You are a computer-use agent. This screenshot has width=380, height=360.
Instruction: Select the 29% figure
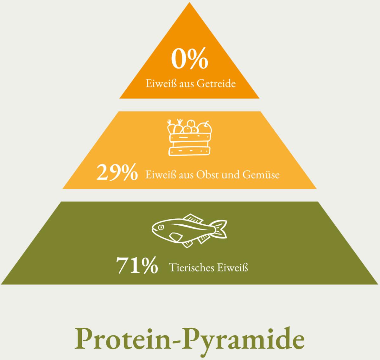[x=117, y=172]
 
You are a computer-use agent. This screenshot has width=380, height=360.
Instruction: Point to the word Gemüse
[x=261, y=175]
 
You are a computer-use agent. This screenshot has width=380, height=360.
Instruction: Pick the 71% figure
[x=137, y=266]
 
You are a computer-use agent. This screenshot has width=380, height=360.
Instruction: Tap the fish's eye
[x=161, y=228]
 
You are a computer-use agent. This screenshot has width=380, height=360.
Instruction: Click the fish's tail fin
[x=219, y=229]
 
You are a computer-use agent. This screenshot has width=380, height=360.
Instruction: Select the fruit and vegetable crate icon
[x=190, y=137]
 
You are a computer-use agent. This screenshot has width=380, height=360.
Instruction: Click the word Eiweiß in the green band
[x=232, y=267]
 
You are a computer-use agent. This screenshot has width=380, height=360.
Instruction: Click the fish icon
[x=189, y=231]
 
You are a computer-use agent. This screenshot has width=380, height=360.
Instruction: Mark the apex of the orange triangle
[x=189, y=2]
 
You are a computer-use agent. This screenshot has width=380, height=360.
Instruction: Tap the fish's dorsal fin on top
[x=193, y=218]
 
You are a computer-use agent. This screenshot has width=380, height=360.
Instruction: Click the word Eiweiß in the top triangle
[x=161, y=84]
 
